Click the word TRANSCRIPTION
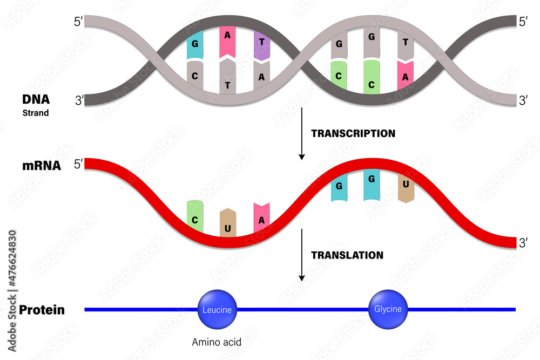pos(353,133)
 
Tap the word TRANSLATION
pos(347,255)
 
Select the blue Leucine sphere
pos(217,310)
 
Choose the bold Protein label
pos(42,310)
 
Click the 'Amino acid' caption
pos(216,342)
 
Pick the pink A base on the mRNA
pos(261,219)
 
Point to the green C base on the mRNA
pos(194,218)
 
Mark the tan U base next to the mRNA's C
pos(228,223)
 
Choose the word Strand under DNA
pos(36,113)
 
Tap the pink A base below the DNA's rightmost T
pos(405,76)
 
